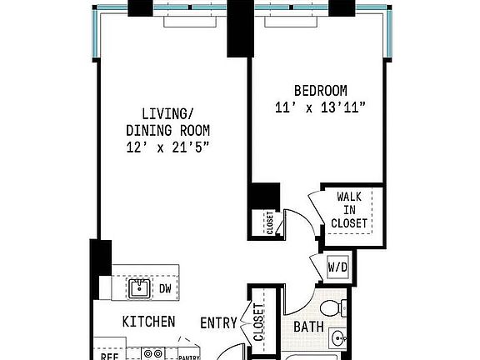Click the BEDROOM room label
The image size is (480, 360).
click(321, 90)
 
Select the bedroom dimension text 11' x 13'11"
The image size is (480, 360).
click(321, 107)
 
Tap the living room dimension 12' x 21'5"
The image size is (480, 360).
click(167, 146)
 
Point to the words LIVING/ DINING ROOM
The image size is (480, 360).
click(167, 122)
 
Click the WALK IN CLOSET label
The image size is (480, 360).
click(349, 210)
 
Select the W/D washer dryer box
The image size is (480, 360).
click(337, 267)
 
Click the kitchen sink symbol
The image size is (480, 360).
click(138, 288)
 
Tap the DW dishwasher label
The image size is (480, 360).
click(166, 288)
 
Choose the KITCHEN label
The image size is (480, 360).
click(148, 322)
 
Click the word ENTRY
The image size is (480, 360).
click(219, 322)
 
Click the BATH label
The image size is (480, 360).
click(308, 326)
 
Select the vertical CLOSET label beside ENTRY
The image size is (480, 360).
click(258, 322)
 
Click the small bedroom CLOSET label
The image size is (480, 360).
click(269, 223)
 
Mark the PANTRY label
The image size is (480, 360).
click(189, 356)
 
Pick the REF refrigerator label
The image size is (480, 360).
click(107, 355)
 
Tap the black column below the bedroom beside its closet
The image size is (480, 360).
click(266, 197)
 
